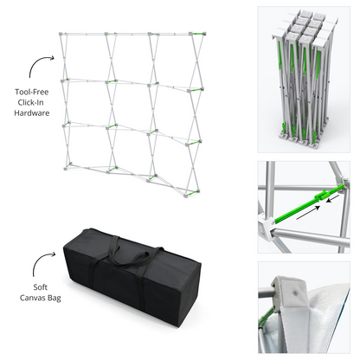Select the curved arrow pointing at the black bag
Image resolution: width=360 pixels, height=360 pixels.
(x=39, y=261)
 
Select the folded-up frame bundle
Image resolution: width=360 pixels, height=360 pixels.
(x=306, y=73)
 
